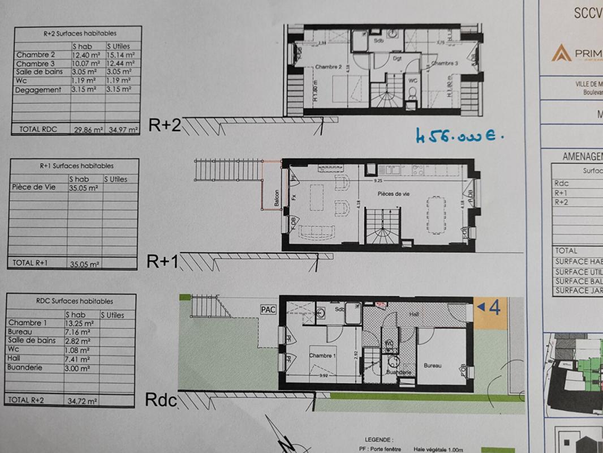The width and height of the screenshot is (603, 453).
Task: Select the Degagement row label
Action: pos(38,89)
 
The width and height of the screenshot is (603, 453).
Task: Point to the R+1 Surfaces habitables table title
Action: pos(76,166)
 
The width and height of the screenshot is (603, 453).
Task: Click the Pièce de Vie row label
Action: pos(33,187)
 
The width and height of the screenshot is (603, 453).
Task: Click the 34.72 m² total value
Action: pos(81,400)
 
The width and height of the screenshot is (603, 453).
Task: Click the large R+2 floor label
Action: pos(165,125)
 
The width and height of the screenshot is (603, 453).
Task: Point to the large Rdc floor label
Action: pos(161,400)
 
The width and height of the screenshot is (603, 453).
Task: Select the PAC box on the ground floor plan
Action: pos(268,309)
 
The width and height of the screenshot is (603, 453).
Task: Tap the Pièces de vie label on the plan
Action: pos(394,194)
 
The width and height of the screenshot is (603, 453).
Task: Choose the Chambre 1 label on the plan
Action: pos(322,356)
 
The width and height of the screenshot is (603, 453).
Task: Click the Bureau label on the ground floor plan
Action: pos(433,366)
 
